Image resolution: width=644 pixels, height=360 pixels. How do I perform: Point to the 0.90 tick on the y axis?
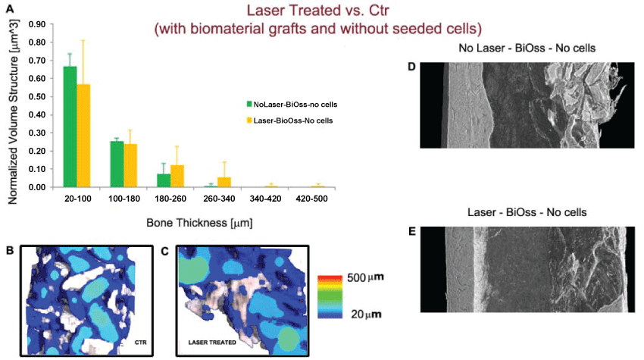click(x=36, y=24)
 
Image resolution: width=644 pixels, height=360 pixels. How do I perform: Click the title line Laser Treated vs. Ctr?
click(x=318, y=11)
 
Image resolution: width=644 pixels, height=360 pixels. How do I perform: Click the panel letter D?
click(x=411, y=67)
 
